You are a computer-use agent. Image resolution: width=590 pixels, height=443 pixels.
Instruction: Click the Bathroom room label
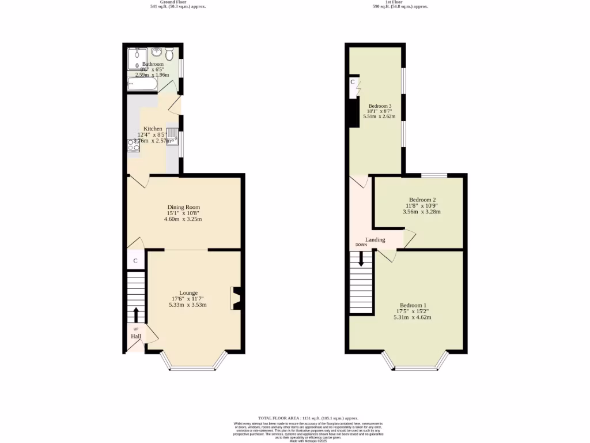[153, 64]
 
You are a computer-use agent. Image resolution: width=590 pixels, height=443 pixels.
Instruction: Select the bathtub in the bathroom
[142, 85]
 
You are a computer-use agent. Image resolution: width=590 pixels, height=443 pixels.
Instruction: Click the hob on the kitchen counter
[134, 145]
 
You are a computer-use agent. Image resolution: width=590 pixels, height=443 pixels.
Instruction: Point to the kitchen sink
[172, 137]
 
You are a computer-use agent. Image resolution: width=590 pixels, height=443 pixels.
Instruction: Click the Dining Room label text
[184, 207]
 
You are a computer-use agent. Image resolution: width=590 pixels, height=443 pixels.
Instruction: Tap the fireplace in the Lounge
[236, 298]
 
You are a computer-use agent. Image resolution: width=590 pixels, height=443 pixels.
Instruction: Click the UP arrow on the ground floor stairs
[136, 314]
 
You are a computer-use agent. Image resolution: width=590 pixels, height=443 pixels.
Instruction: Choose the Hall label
[136, 336]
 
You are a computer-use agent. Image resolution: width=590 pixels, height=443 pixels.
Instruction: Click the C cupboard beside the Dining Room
[135, 261]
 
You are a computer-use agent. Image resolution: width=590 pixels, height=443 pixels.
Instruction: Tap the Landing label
[375, 239]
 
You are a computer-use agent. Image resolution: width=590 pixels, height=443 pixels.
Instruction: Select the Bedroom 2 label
[418, 200]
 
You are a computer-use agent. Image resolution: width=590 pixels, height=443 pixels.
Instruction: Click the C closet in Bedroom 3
[353, 82]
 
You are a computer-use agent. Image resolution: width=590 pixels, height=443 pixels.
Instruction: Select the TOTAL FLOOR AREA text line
[308, 418]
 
